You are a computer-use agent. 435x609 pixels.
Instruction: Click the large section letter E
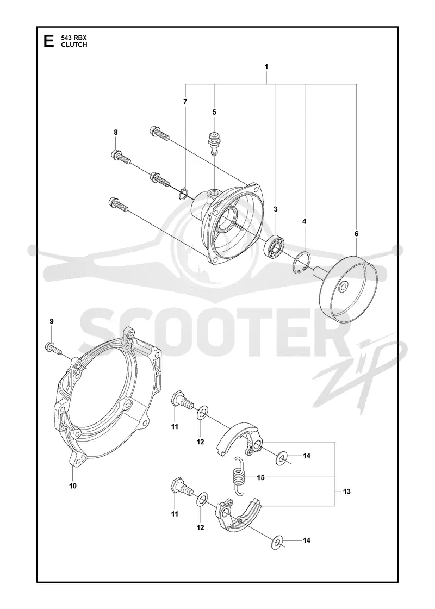49,41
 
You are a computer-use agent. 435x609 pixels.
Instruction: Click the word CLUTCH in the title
74,45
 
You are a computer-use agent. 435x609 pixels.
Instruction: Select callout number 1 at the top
266,67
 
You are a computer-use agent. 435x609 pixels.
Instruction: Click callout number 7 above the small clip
185,102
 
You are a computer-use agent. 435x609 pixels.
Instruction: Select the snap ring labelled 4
301,264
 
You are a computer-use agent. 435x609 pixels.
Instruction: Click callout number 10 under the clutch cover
73,486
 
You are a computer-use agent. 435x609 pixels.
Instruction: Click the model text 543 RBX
74,38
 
